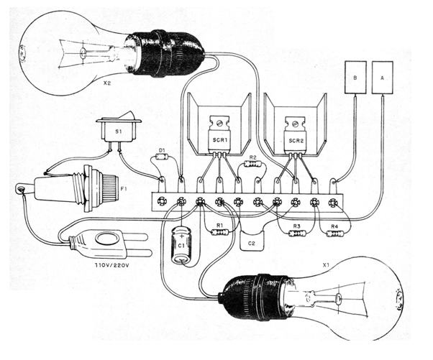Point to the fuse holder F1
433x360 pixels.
click(68, 188)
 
